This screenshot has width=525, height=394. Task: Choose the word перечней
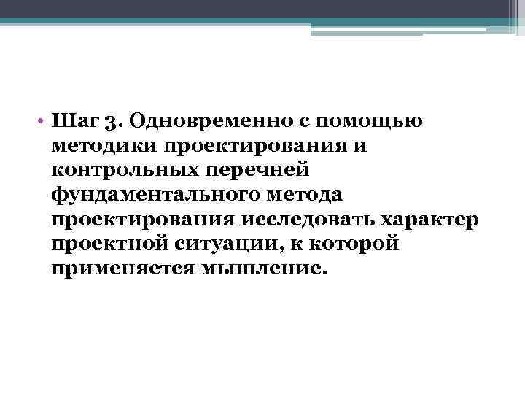[x=266, y=169]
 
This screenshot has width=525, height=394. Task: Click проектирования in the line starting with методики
[x=257, y=144]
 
